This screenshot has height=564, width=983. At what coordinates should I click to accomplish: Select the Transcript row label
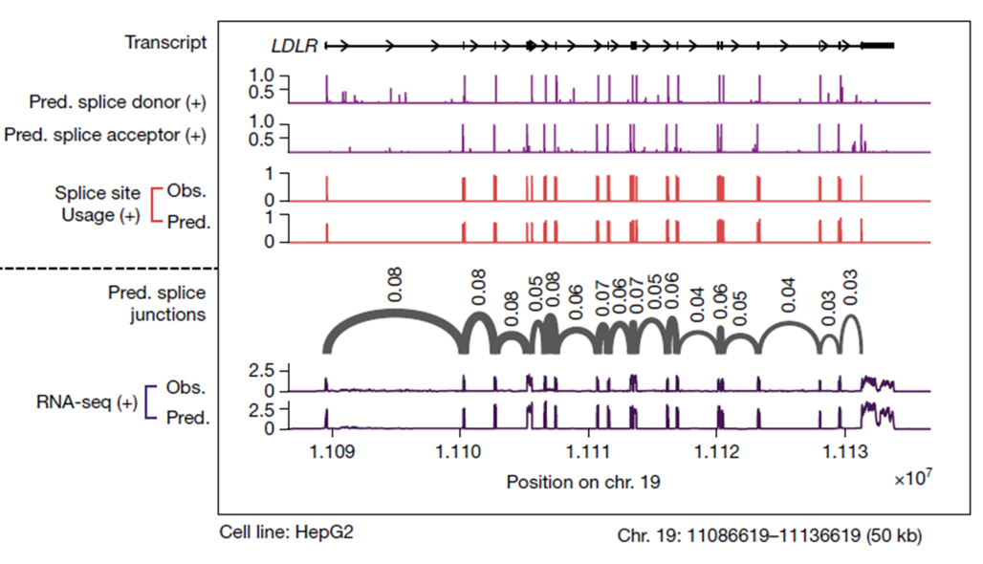point(164,44)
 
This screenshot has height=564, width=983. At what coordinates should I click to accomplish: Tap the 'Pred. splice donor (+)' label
point(117,101)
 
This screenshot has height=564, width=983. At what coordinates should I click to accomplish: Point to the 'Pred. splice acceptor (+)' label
point(104,135)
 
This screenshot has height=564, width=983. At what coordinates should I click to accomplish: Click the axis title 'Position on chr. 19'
point(583,483)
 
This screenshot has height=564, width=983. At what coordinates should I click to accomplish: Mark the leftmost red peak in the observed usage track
point(326,187)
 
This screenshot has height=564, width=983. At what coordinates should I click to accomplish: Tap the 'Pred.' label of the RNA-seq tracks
point(186,419)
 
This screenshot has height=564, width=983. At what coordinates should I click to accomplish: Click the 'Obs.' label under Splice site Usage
point(187,190)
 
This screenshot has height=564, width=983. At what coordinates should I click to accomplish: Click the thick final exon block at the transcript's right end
point(877,45)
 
